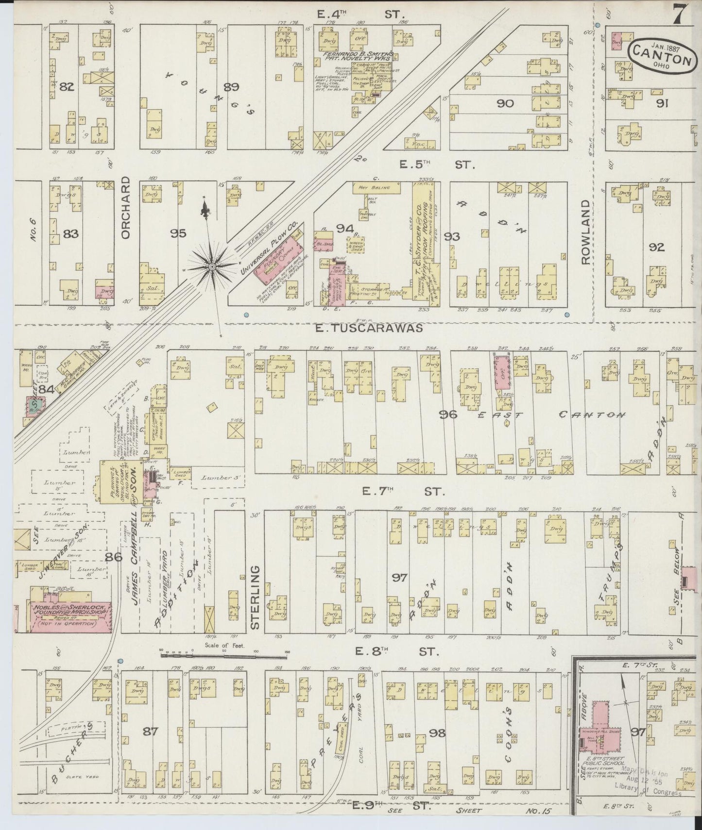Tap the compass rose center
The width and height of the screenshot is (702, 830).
pyautogui.click(x=212, y=266)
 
